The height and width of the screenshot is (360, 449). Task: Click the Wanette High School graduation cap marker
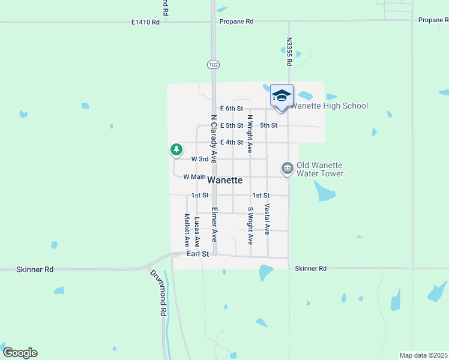coord(281,96)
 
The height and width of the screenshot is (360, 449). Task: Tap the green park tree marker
coord(176,149)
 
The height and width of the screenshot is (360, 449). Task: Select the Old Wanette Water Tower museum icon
coord(287,168)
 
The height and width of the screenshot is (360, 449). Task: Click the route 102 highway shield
coord(213,64)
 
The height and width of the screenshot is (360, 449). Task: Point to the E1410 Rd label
coord(145,22)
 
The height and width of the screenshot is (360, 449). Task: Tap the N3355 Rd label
coord(289,52)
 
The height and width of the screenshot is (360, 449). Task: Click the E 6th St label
coord(231,109)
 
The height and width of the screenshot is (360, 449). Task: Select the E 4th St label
coord(231,142)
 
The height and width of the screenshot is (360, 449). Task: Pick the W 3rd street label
coord(200,160)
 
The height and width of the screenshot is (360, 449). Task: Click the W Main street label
coord(194,177)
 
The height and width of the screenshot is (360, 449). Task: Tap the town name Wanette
coord(225,180)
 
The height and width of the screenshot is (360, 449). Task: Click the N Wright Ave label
coord(250,134)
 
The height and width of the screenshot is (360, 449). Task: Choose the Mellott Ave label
coord(187,230)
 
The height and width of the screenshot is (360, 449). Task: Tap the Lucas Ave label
coord(197,232)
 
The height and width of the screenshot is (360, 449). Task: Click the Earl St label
coord(197,254)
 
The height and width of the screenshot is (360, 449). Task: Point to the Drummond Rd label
coord(159,292)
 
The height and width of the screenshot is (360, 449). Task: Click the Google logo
coord(20,353)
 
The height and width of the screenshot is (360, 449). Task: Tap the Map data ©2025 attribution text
coord(423,355)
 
